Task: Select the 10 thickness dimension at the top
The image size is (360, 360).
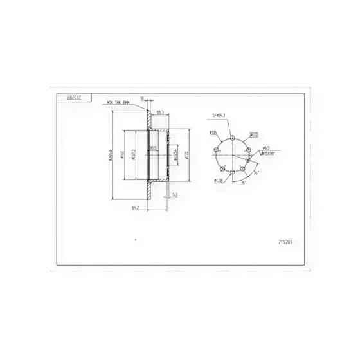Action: tap(142, 98)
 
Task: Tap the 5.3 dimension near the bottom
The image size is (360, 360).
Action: tap(175, 193)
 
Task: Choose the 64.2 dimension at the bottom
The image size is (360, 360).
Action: tap(136, 207)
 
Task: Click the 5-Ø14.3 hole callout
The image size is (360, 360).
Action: tap(219, 116)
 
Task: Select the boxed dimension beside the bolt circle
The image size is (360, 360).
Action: tap(254, 135)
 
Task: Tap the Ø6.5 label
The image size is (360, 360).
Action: tap(265, 147)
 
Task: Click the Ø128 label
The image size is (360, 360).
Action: tap(219, 181)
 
